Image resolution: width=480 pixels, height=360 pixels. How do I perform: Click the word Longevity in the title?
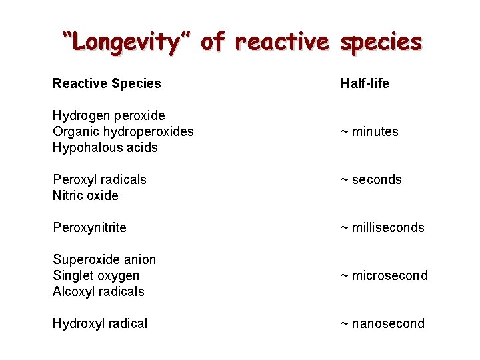pyautogui.click(x=127, y=41)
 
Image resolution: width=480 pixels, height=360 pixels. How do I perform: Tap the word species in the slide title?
pyautogui.click(x=381, y=41)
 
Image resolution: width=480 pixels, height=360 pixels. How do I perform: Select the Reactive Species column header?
pyautogui.click(x=107, y=83)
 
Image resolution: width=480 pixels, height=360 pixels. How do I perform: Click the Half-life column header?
pyautogui.click(x=365, y=83)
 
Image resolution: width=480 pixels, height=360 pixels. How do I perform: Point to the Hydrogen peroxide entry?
pyautogui.click(x=109, y=115)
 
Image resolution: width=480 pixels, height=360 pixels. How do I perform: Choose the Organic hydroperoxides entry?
pyautogui.click(x=123, y=131)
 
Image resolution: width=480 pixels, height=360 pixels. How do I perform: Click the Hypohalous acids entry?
pyautogui.click(x=105, y=147)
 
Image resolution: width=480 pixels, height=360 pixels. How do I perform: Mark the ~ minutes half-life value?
pyautogui.click(x=369, y=131)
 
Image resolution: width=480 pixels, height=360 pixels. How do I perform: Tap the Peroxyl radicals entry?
pyautogui.click(x=99, y=179)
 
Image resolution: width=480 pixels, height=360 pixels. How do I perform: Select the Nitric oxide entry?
pyautogui.click(x=85, y=195)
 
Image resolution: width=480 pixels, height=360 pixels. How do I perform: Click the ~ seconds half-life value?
pyautogui.click(x=371, y=179)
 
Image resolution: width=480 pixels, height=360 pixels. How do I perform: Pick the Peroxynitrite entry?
pyautogui.click(x=89, y=227)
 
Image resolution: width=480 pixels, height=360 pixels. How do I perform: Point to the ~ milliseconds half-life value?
pyautogui.click(x=382, y=227)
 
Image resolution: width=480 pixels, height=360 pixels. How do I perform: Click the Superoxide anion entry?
pyautogui.click(x=104, y=259)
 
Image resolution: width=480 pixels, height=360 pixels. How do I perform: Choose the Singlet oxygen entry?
pyautogui.click(x=96, y=275)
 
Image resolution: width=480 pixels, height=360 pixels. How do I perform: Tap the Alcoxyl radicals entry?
pyautogui.click(x=98, y=291)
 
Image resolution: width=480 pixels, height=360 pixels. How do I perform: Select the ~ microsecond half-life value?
pyautogui.click(x=384, y=275)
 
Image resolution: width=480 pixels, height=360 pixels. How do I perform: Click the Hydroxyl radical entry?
pyautogui.click(x=100, y=323)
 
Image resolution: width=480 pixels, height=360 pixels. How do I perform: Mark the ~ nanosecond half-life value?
pyautogui.click(x=382, y=323)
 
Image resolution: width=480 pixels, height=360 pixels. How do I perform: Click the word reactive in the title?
pyautogui.click(x=283, y=41)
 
